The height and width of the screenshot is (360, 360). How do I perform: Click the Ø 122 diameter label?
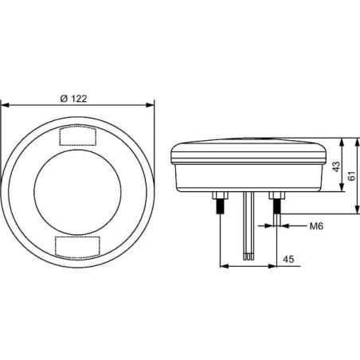[x=73, y=99]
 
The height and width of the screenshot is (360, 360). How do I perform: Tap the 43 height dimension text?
[x=336, y=166]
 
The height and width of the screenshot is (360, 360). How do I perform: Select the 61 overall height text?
[x=351, y=176]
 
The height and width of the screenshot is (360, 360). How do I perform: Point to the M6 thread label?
[x=316, y=226]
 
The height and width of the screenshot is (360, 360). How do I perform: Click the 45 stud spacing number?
[x=288, y=259]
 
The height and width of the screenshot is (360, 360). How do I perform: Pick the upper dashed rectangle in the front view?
[x=77, y=136]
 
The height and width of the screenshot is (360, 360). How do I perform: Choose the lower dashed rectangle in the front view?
[x=77, y=247]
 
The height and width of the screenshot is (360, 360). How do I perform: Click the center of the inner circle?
[x=77, y=192]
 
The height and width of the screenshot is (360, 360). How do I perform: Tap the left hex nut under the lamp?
[x=220, y=196]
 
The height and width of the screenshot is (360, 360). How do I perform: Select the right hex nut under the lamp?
[x=277, y=196]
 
